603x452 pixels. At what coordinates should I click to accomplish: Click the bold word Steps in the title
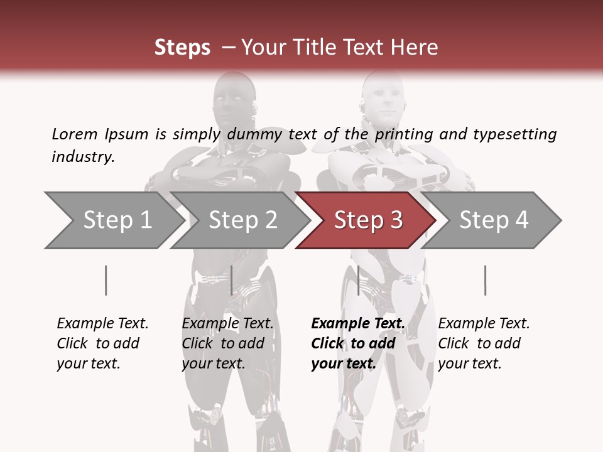point(182,47)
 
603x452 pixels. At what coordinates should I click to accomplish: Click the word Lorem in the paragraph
point(74,134)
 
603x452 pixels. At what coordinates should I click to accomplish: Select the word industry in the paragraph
point(83,156)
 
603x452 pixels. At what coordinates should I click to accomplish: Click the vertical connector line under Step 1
point(106,280)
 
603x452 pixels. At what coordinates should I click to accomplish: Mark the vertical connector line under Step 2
point(232,280)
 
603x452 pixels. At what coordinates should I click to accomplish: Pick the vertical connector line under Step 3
point(358,280)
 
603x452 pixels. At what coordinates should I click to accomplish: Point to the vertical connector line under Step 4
point(485,280)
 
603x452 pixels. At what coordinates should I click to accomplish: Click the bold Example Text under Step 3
point(358,323)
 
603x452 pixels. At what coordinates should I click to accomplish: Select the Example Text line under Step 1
point(102,323)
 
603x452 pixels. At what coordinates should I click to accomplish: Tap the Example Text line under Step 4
point(484,323)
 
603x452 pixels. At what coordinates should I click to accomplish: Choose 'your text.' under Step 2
point(214,363)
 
